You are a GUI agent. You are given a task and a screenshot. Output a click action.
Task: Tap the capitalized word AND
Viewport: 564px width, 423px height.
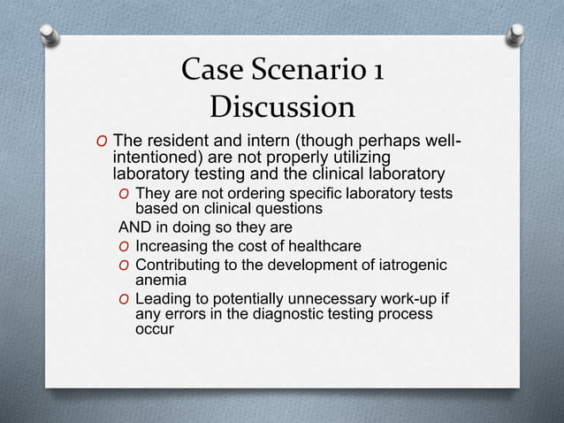coord(135,227)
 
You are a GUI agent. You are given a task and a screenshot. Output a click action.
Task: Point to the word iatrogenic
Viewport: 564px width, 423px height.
coord(408,265)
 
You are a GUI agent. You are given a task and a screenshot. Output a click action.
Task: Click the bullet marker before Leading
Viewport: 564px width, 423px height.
coord(125,299)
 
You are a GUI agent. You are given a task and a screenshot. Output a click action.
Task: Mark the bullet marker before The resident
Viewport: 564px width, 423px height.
coord(103,143)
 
